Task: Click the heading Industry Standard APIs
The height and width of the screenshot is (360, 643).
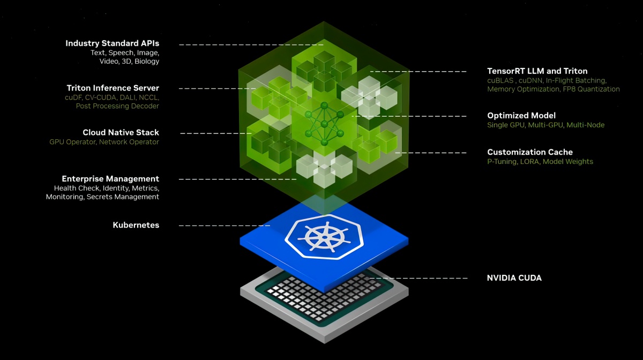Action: tap(112, 43)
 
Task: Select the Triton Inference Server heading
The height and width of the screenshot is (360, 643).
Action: tap(113, 88)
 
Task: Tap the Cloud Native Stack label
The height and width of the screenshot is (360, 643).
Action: tap(121, 132)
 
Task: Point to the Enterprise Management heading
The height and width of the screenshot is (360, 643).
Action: tap(110, 179)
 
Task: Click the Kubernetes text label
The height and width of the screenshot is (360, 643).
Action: tap(136, 225)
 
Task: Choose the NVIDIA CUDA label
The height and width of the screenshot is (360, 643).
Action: tap(514, 278)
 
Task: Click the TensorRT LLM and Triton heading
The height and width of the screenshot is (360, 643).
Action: tap(537, 71)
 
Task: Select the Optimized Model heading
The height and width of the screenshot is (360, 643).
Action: tap(521, 115)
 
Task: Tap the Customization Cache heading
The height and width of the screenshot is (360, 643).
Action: tap(530, 152)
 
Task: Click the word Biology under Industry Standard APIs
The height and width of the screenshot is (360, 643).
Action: tap(147, 62)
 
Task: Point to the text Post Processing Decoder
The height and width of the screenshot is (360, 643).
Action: tap(117, 106)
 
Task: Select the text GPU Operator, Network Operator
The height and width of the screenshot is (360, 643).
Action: tap(104, 142)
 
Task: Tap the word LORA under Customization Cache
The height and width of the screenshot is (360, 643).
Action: tap(529, 162)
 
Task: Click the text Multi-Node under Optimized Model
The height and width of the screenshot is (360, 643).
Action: tap(586, 125)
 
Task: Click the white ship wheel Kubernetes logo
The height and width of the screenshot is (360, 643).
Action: tap(324, 237)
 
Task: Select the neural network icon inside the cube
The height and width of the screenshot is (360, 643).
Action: tap(324, 124)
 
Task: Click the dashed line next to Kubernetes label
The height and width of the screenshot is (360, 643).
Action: tap(225, 226)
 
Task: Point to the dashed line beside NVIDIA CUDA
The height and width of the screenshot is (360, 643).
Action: tap(418, 278)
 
